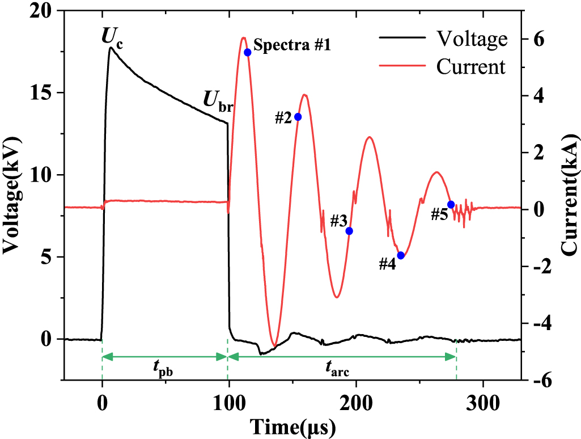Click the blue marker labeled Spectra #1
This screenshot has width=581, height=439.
pos(247,52)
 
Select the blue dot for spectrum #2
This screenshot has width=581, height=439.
pos(298,117)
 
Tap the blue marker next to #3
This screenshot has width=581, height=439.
pos(349,231)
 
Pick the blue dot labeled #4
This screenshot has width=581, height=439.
pos(401,255)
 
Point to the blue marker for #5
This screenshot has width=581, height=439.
pos(451,204)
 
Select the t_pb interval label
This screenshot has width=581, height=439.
pos(164,372)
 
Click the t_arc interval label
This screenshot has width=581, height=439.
pos(338,372)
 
